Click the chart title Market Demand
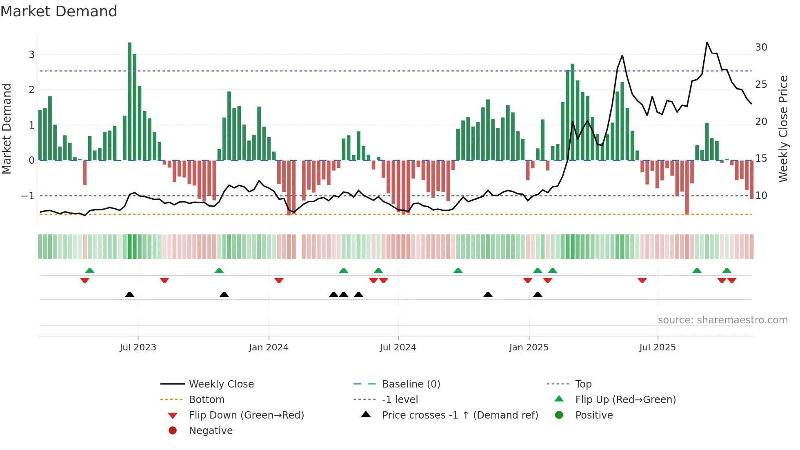(59, 11)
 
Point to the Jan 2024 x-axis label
(269, 348)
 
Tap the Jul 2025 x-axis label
(657, 348)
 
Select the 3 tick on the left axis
(31, 55)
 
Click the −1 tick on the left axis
(28, 196)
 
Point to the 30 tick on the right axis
(761, 47)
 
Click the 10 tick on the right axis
(761, 196)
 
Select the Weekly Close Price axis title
(783, 129)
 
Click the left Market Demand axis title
(7, 129)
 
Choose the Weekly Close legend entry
(221, 384)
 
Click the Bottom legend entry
(207, 400)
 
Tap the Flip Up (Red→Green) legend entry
(625, 400)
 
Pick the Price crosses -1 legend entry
(460, 415)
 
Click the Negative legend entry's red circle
(173, 431)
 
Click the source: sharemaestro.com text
(722, 320)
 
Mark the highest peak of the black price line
(707, 42)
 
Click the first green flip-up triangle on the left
(90, 271)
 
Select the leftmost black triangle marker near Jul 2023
(129, 295)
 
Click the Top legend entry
(583, 384)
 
